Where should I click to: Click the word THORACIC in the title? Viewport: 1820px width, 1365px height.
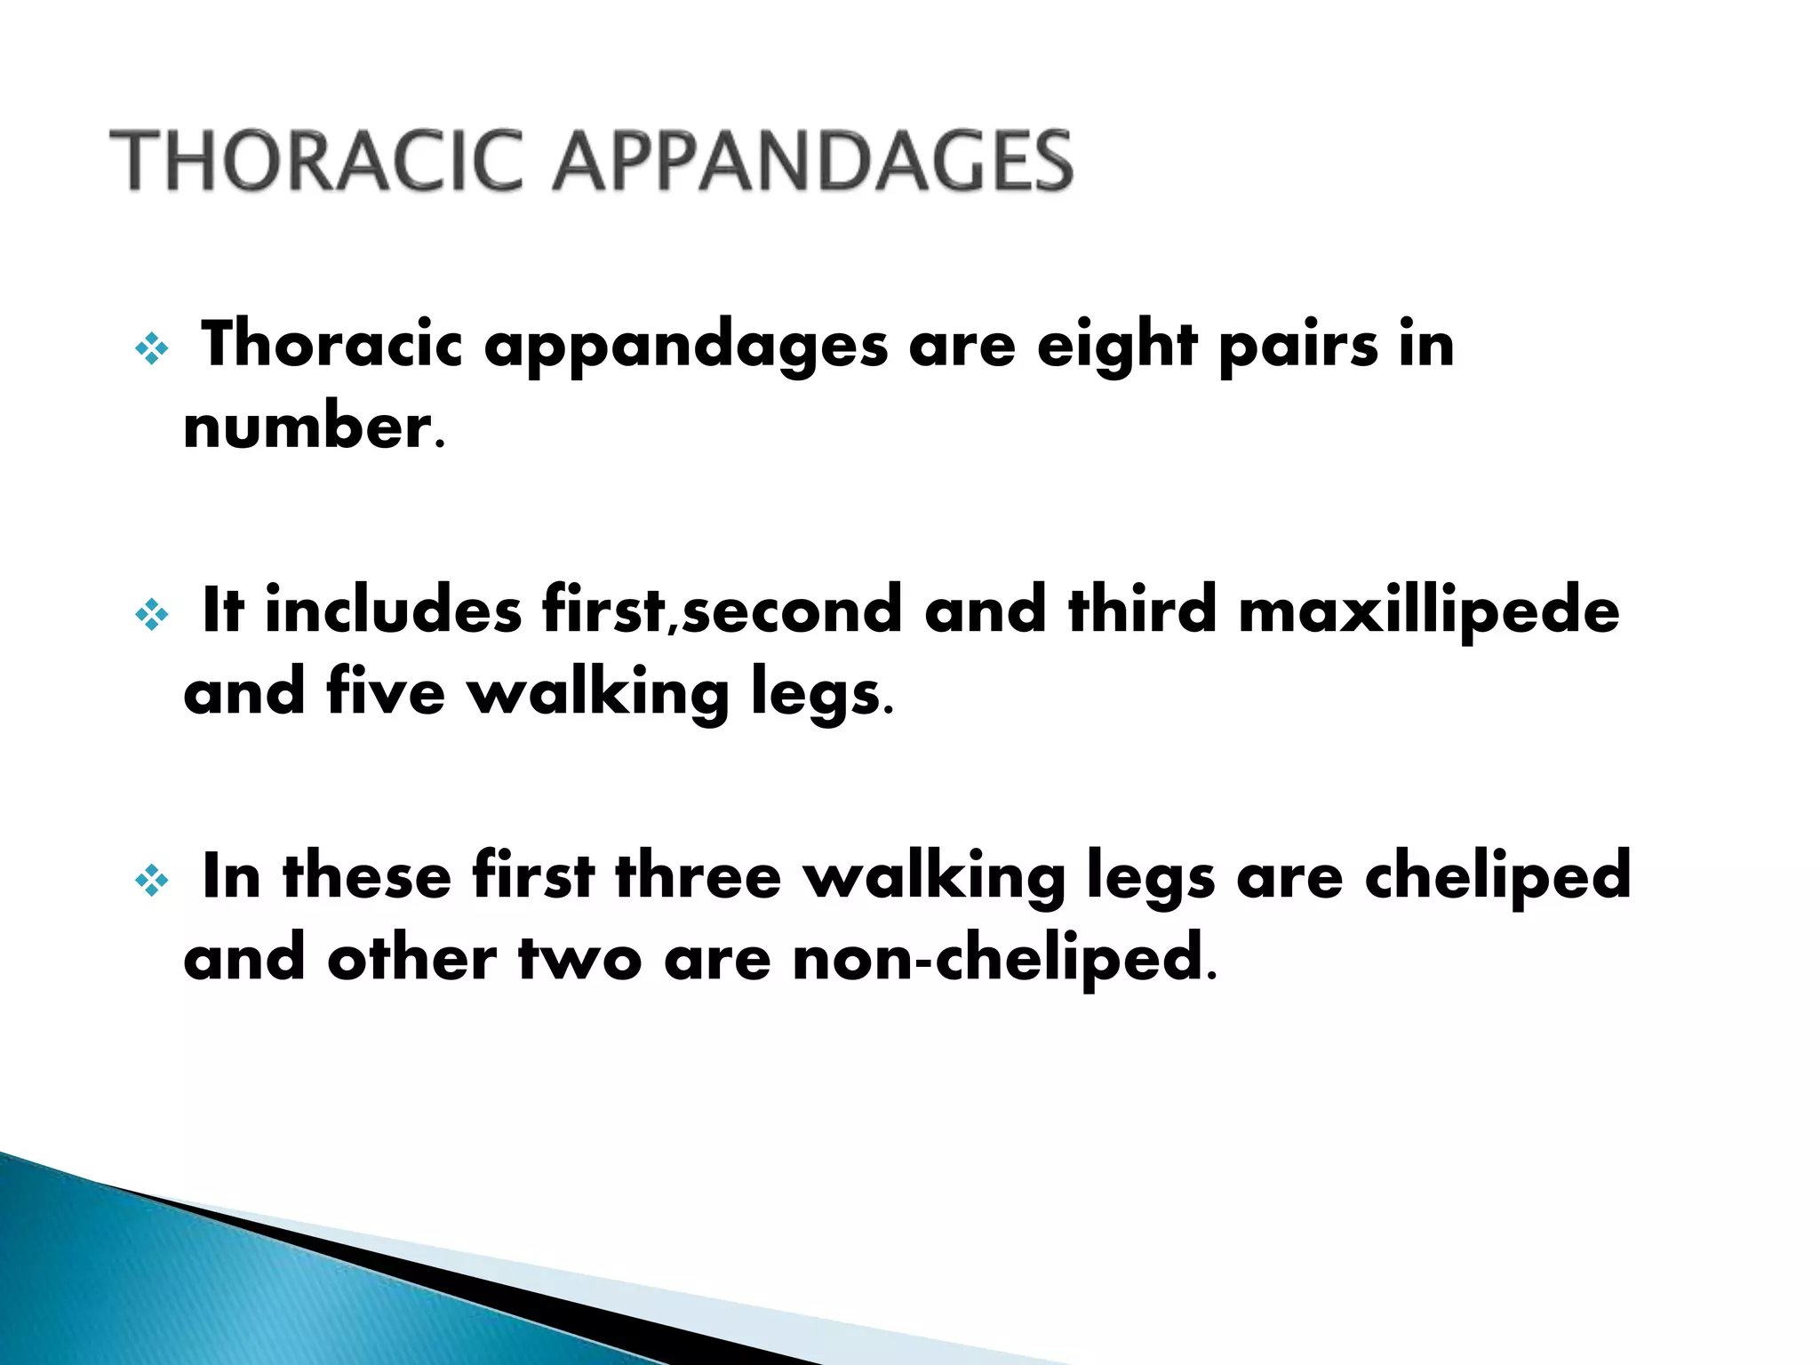coord(315,161)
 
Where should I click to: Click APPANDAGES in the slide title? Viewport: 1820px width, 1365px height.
coord(812,161)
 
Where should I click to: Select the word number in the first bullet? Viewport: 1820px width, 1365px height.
coord(307,427)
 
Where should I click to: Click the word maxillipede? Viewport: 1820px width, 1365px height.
coord(1429,611)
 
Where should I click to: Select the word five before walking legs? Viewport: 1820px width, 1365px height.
coord(385,693)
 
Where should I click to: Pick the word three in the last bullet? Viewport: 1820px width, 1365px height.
coord(698,876)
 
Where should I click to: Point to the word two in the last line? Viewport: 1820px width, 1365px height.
coord(579,960)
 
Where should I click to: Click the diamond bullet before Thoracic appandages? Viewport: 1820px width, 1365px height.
coord(151,349)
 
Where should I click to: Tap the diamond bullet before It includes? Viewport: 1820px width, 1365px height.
coord(151,615)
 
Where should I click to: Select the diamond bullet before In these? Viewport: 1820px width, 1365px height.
coord(151,881)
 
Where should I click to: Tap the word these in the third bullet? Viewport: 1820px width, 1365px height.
coord(366,876)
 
